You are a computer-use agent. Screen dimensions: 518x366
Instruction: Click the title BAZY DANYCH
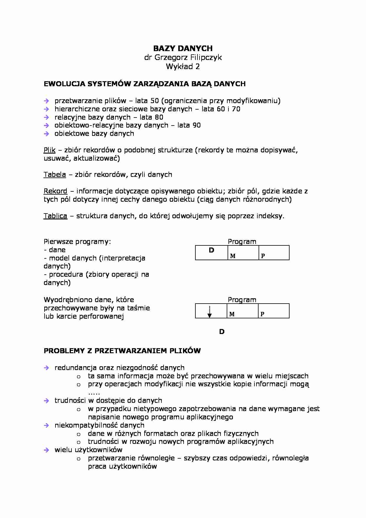tap(183, 48)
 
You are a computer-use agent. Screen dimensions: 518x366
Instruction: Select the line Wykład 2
tap(183, 66)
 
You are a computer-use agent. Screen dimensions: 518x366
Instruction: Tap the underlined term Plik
tap(49, 150)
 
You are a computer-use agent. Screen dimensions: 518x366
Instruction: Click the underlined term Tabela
tap(55, 175)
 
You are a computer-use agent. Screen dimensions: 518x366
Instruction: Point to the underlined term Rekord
tap(55, 191)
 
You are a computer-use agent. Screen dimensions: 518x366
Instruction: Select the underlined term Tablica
tap(55, 216)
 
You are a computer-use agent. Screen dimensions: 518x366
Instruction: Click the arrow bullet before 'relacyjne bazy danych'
tap(46, 117)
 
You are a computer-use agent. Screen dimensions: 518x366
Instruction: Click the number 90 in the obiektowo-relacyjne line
tap(197, 125)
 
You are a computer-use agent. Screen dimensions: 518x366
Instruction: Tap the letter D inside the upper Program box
tap(211, 250)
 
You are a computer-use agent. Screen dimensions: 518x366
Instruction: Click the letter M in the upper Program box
tap(233, 256)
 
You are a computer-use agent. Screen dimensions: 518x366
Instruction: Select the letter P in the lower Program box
tap(262, 314)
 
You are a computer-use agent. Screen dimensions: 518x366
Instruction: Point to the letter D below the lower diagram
tap(222, 332)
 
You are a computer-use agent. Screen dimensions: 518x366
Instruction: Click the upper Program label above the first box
tap(242, 242)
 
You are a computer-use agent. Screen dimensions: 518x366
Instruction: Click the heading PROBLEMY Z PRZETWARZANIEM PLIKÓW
tap(122, 351)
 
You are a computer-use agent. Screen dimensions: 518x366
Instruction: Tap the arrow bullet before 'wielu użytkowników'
tap(46, 450)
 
